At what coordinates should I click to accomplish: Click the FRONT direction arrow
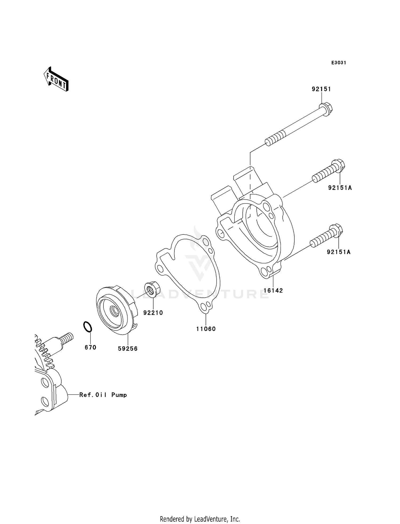pyautogui.click(x=56, y=79)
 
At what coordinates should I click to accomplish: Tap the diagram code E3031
pyautogui.click(x=339, y=63)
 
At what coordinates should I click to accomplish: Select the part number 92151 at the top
pyautogui.click(x=321, y=89)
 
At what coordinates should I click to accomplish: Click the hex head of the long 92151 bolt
pyautogui.click(x=326, y=109)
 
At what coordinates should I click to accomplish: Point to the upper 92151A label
pyautogui.click(x=340, y=188)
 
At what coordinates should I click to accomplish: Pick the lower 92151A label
pyautogui.click(x=339, y=252)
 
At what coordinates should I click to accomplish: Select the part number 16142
pyautogui.click(x=273, y=291)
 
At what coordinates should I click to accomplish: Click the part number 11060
pyautogui.click(x=206, y=329)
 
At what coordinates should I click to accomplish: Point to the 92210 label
pyautogui.click(x=153, y=313)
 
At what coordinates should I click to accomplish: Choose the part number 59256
pyautogui.click(x=128, y=349)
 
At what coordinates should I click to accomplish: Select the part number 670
pyautogui.click(x=90, y=347)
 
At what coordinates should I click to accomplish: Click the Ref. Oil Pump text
pyautogui.click(x=103, y=395)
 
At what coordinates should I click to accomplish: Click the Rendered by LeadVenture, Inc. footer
pyautogui.click(x=200, y=519)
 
